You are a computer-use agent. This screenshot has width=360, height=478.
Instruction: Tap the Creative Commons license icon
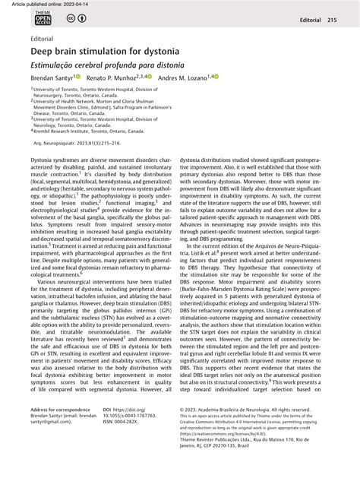(73, 19)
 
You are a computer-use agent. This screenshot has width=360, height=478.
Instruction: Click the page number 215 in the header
(331, 20)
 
